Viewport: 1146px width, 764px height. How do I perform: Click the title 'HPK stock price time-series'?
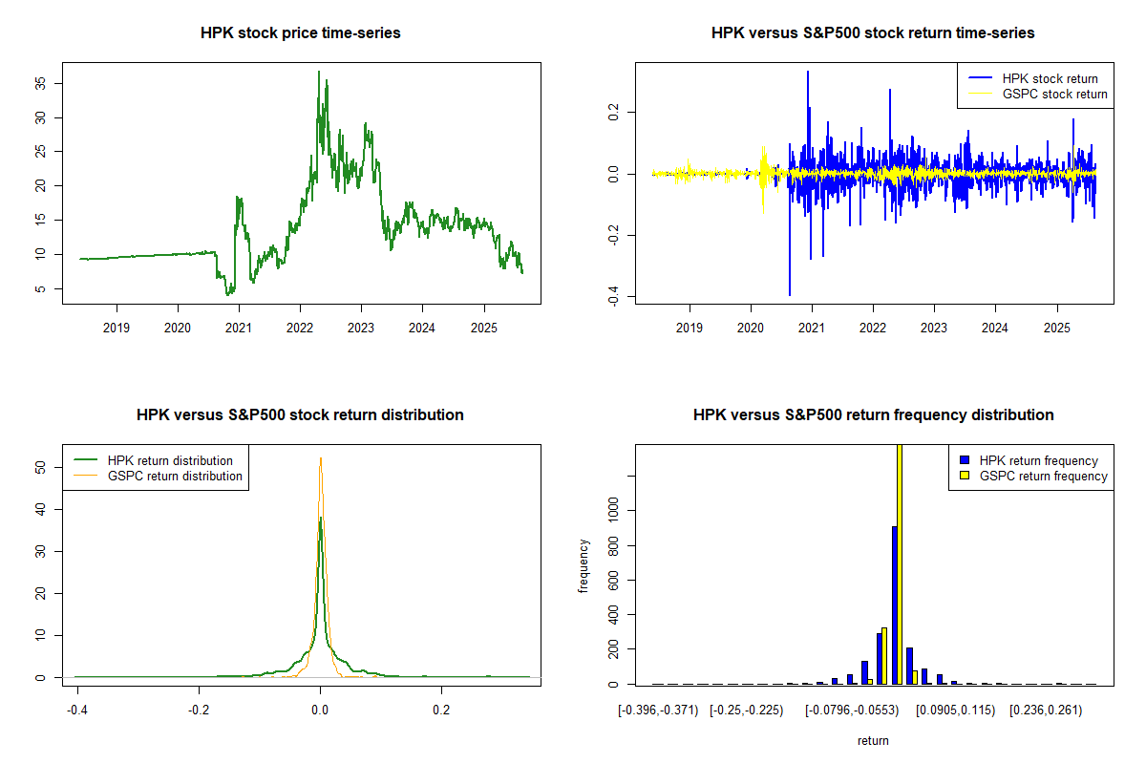pyautogui.click(x=300, y=33)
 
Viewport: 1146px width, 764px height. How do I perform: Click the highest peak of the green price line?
pyautogui.click(x=319, y=72)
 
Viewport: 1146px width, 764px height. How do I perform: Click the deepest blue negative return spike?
pyautogui.click(x=789, y=294)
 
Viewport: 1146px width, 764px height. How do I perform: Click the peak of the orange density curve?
pyautogui.click(x=320, y=458)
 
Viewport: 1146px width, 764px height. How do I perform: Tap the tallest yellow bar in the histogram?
pyautogui.click(x=900, y=563)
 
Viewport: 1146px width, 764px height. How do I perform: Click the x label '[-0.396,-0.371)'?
pyautogui.click(x=659, y=711)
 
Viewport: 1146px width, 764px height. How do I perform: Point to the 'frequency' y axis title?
pyautogui.click(x=584, y=566)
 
